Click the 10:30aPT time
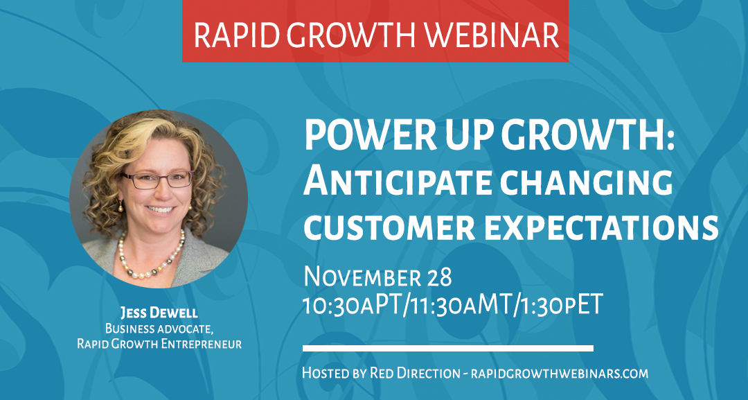353,304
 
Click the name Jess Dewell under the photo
159,313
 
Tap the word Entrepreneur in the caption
202,344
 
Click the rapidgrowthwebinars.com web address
560,373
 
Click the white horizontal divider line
448,348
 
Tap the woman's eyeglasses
157,180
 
